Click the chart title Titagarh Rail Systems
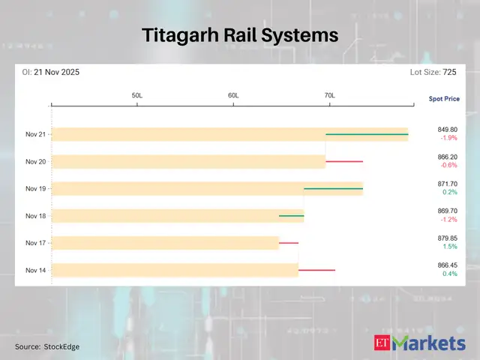pos(240,35)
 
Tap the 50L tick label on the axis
pos(137,96)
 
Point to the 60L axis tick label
pos(233,96)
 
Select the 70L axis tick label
pos(329,96)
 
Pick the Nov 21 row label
pos(35,134)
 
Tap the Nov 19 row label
pos(35,189)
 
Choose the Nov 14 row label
pos(35,270)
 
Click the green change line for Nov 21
pos(367,134)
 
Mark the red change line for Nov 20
pos(343,161)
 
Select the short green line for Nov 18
pos(291,216)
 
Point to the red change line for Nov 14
pos(316,270)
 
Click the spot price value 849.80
pos(447,129)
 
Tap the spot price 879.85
pos(447,238)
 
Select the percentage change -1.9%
pos(448,139)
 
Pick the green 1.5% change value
pos(450,247)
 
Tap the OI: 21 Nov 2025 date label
pos(49,72)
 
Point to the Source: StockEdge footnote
pos(46,346)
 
